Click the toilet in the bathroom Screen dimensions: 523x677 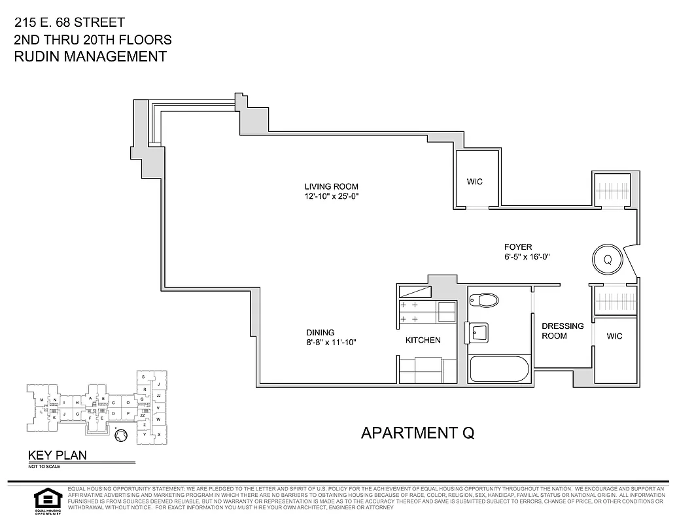coord(485,301)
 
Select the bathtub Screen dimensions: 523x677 coord(498,370)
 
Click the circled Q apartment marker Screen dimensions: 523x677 coord(608,259)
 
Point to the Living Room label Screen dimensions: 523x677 coord(331,186)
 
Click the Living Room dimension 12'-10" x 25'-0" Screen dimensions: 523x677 coord(331,196)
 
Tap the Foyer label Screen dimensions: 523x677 coord(517,247)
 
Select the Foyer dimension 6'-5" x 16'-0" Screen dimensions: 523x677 coord(526,257)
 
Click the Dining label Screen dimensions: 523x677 coord(320,332)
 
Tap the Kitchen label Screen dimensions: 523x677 coord(423,340)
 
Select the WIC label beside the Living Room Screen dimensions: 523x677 coord(475,181)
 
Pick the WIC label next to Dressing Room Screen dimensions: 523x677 coord(614,336)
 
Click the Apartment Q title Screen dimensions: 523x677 coord(417,432)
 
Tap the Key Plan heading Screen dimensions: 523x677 coord(56,456)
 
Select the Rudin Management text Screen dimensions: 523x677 coord(90,56)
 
